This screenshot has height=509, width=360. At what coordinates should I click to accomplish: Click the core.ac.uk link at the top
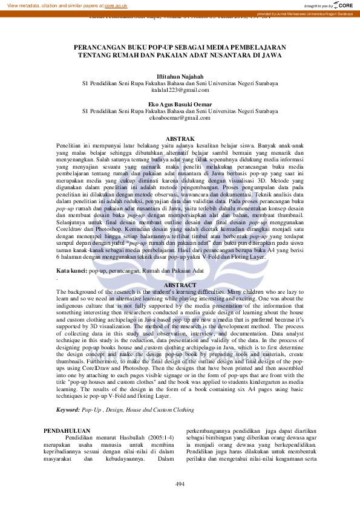tap(116, 5)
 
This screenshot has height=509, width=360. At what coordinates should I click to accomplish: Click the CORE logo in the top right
tap(341, 5)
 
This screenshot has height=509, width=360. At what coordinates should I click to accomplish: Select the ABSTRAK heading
tap(180, 139)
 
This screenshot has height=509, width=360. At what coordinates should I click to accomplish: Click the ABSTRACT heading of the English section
tap(180, 285)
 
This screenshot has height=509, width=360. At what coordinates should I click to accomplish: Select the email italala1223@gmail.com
tap(180, 90)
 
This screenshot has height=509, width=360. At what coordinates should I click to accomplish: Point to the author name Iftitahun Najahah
tap(180, 77)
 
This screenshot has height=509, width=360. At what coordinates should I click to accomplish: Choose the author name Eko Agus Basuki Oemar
tap(180, 104)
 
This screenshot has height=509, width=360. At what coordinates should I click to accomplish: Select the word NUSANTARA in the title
tap(226, 54)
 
